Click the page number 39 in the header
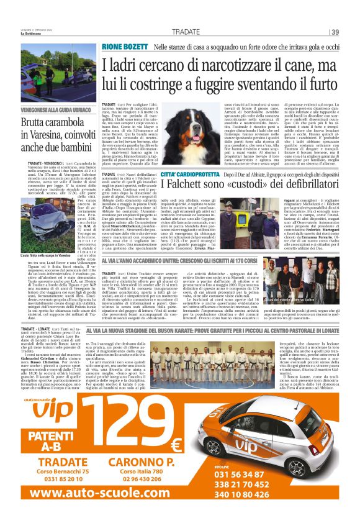click(x=336, y=32)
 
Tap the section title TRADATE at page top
click(x=186, y=32)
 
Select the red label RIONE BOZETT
click(x=124, y=47)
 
